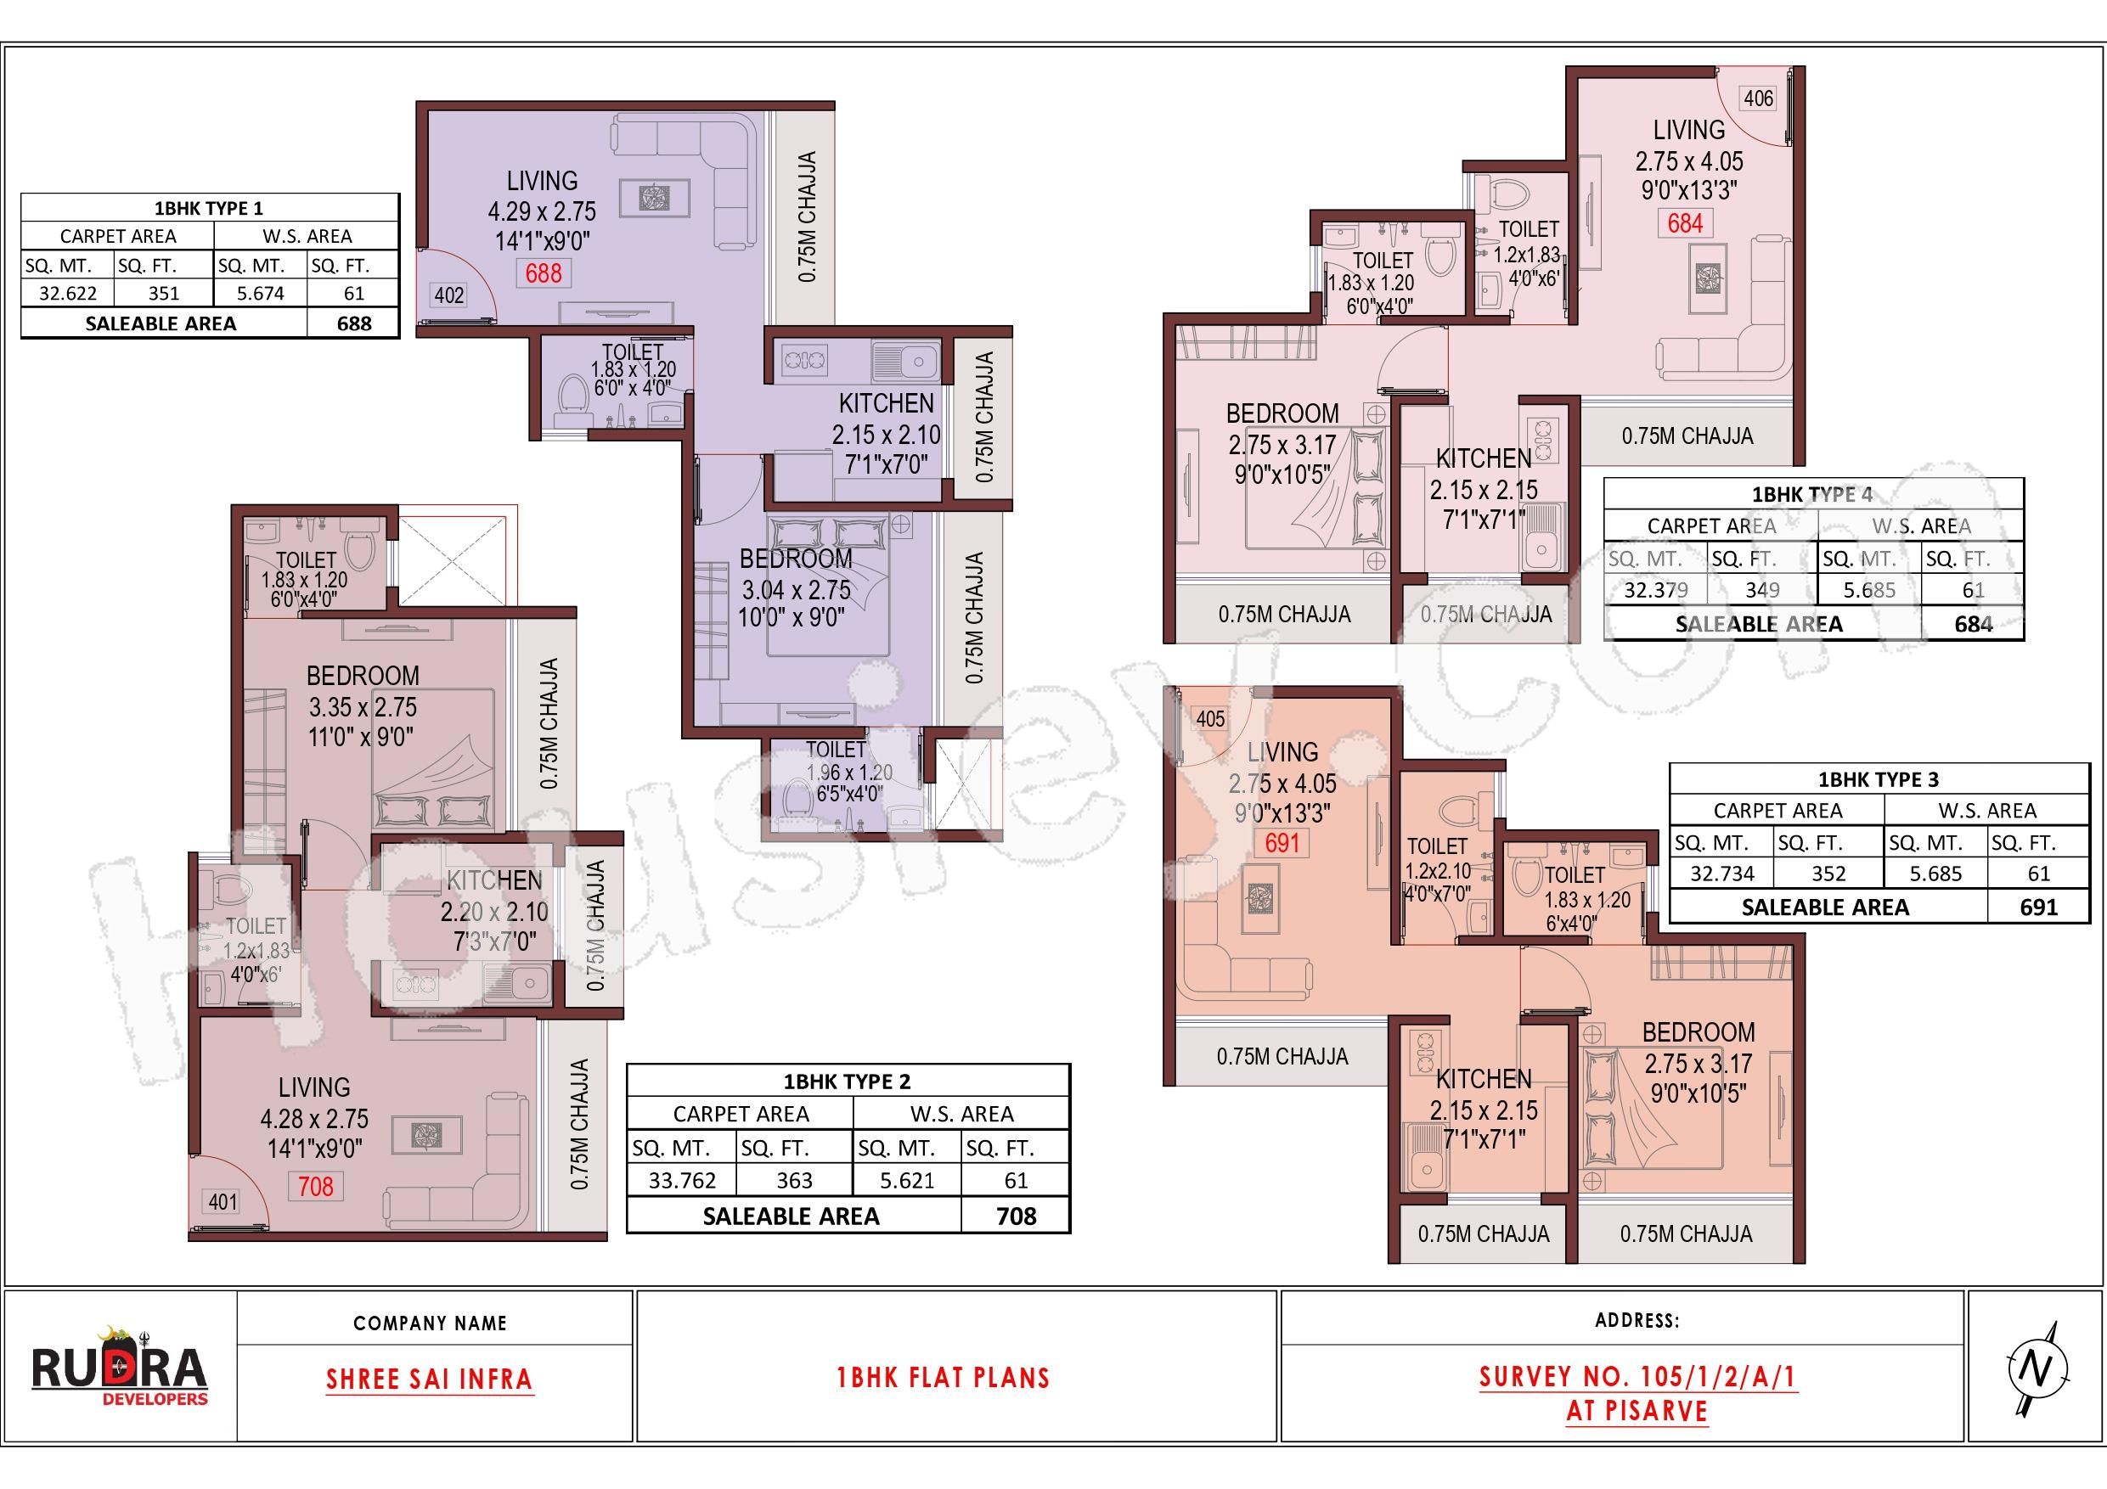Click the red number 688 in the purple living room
point(544,273)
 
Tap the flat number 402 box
point(448,295)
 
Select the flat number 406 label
point(1758,98)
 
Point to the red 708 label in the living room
point(316,1186)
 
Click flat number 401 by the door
point(223,1201)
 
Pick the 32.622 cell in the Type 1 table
point(67,294)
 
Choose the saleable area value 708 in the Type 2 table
point(1016,1216)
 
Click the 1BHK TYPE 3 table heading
point(1879,780)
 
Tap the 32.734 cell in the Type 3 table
point(1721,874)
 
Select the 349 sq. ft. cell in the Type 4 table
point(1762,590)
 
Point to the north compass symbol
point(2037,1368)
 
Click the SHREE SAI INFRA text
point(430,1379)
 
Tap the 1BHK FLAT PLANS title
point(943,1378)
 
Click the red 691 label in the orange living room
point(1283,843)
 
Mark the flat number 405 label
point(1210,719)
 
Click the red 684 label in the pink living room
point(1685,223)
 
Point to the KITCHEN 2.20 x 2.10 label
point(493,912)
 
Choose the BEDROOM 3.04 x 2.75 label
point(795,588)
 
